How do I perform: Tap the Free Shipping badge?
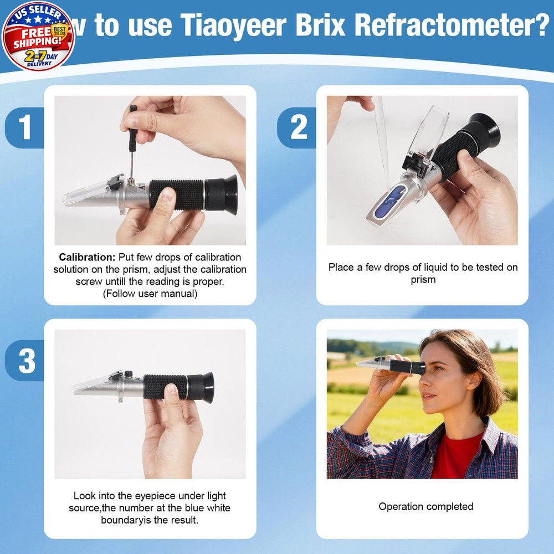pyautogui.click(x=37, y=36)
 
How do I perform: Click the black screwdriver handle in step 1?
pyautogui.click(x=133, y=116)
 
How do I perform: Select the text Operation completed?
pyautogui.click(x=425, y=506)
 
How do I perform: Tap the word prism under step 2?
pyautogui.click(x=423, y=280)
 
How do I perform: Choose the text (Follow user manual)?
pyautogui.click(x=150, y=294)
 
